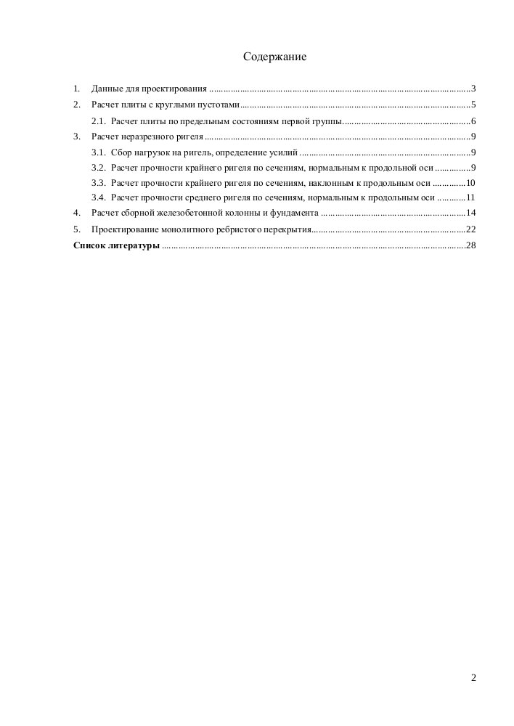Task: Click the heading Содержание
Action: (x=275, y=57)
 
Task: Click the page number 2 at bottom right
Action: (x=473, y=678)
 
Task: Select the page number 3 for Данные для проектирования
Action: (x=473, y=89)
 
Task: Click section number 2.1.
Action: (x=99, y=121)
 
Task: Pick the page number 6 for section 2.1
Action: (x=473, y=121)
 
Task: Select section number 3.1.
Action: (x=99, y=152)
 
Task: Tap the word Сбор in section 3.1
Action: (x=121, y=152)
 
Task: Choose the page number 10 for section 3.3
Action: (x=470, y=183)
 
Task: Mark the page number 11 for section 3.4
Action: (x=470, y=197)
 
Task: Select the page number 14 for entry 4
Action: (x=470, y=213)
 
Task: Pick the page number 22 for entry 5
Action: (x=470, y=229)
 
